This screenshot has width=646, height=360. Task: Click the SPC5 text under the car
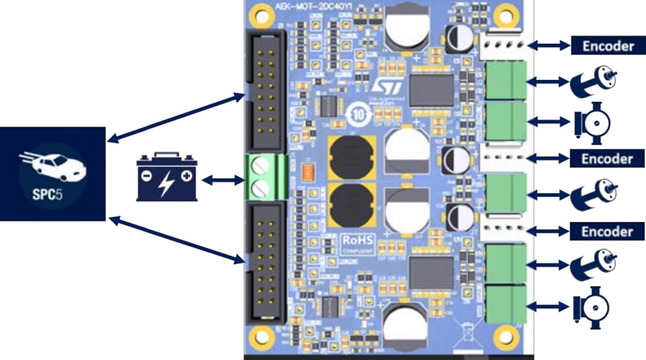(53, 196)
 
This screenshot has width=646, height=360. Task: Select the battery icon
(167, 178)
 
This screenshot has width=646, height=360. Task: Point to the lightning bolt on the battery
(164, 182)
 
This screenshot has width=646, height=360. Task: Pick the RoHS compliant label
(358, 244)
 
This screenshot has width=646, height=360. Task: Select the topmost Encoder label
(607, 45)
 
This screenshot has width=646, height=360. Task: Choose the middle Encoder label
(607, 158)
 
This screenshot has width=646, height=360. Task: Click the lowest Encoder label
(607, 231)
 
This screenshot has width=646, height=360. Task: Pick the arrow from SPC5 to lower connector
(177, 240)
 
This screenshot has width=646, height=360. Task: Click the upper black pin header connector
(265, 90)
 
